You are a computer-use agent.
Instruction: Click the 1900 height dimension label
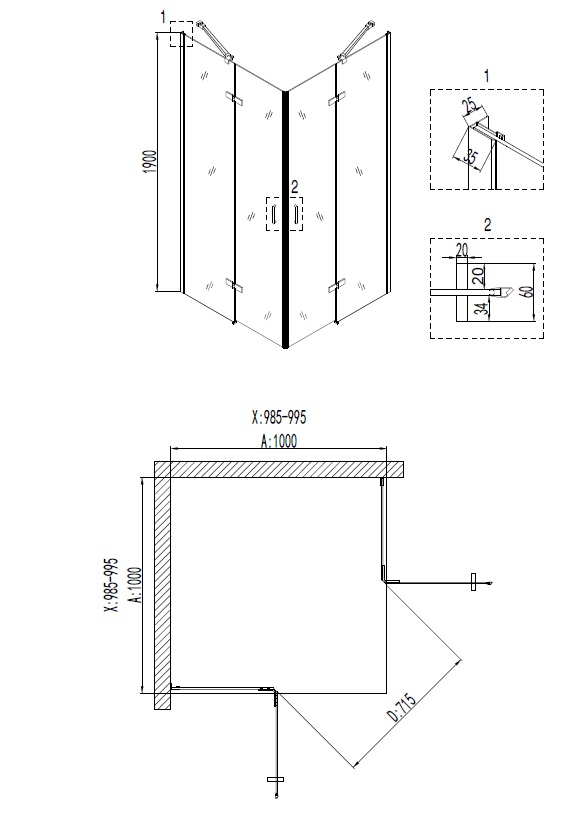(x=148, y=162)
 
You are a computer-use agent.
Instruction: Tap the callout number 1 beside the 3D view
(x=161, y=18)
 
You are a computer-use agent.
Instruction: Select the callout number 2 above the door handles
(x=293, y=186)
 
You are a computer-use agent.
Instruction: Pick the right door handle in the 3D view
(x=297, y=215)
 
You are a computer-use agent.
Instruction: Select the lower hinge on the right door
(x=333, y=288)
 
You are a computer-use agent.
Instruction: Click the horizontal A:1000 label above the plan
(x=277, y=440)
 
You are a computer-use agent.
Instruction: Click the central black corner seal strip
(x=287, y=220)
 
